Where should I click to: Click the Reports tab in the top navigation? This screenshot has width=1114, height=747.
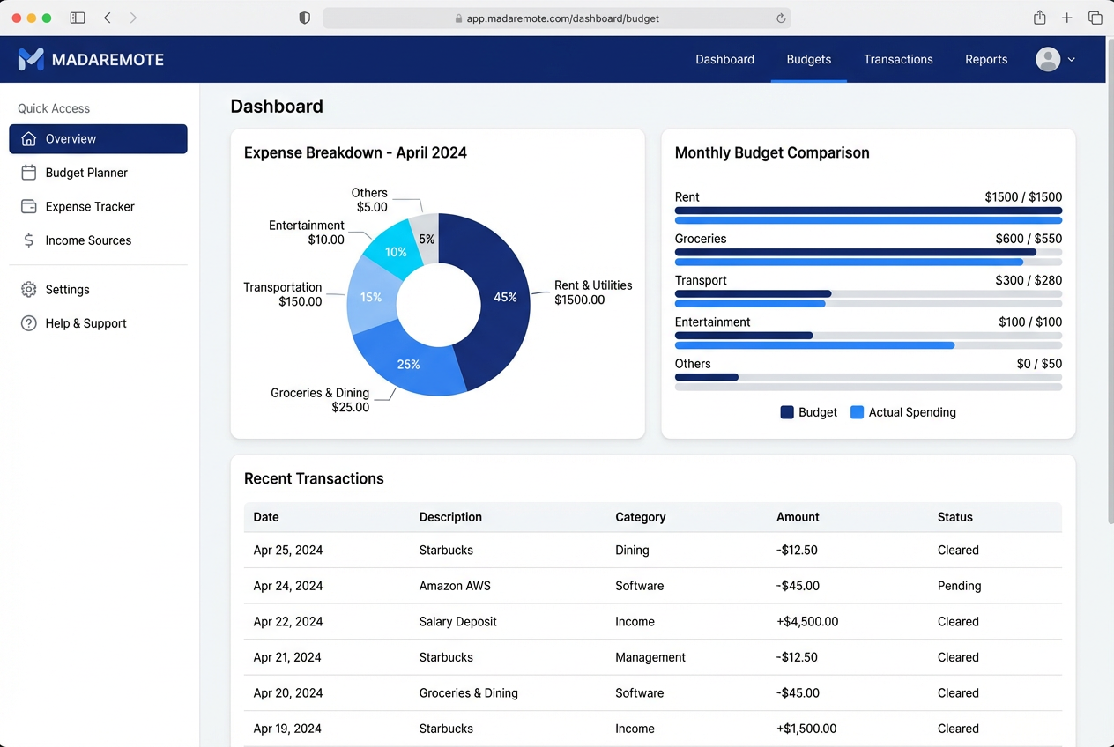(x=985, y=60)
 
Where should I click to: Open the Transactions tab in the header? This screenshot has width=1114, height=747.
(x=898, y=60)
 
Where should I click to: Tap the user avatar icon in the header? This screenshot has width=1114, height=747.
(x=1048, y=60)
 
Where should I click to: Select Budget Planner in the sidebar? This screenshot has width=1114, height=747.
(x=86, y=173)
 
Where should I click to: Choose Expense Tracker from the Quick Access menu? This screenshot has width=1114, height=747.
(x=90, y=207)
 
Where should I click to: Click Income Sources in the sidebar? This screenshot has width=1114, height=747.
(x=88, y=240)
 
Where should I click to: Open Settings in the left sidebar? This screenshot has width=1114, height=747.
(x=67, y=290)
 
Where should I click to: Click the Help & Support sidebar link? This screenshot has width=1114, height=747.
(x=85, y=323)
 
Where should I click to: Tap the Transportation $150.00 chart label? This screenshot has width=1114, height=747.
(x=283, y=294)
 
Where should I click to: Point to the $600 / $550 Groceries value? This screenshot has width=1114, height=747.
(x=1028, y=239)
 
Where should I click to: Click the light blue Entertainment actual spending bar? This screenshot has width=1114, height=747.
(x=814, y=345)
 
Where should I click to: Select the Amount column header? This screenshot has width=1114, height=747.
(x=798, y=517)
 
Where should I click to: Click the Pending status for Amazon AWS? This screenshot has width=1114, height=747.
(x=959, y=586)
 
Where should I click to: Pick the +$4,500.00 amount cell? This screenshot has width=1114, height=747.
(x=807, y=622)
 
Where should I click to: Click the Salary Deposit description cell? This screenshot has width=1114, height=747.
(x=457, y=622)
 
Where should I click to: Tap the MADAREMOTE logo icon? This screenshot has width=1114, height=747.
(x=31, y=60)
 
